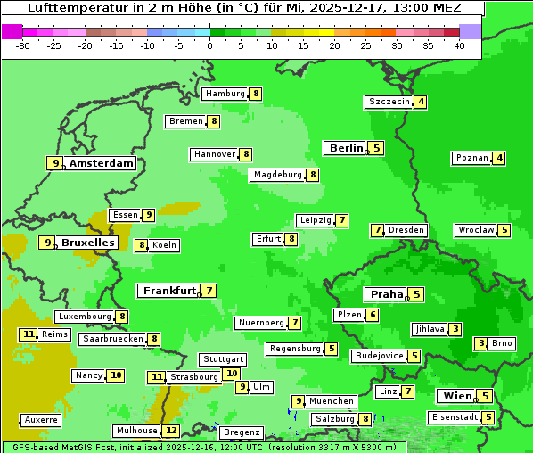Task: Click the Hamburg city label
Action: pos(225,94)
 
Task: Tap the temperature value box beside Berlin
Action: pos(377,148)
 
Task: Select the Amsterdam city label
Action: pos(102,163)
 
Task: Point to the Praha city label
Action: pos(387,294)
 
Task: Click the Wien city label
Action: pos(455,396)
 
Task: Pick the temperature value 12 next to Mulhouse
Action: pos(171,431)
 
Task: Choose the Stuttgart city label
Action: pos(222,359)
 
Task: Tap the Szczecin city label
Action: pos(389,102)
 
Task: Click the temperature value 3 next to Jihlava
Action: pos(455,329)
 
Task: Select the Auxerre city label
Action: pos(41,419)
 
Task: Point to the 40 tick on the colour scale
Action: pos(459,45)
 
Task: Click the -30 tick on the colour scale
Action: pos(24,45)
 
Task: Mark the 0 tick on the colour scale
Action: pos(209,45)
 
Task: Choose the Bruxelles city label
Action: pos(87,243)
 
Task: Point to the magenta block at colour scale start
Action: pos(12,31)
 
